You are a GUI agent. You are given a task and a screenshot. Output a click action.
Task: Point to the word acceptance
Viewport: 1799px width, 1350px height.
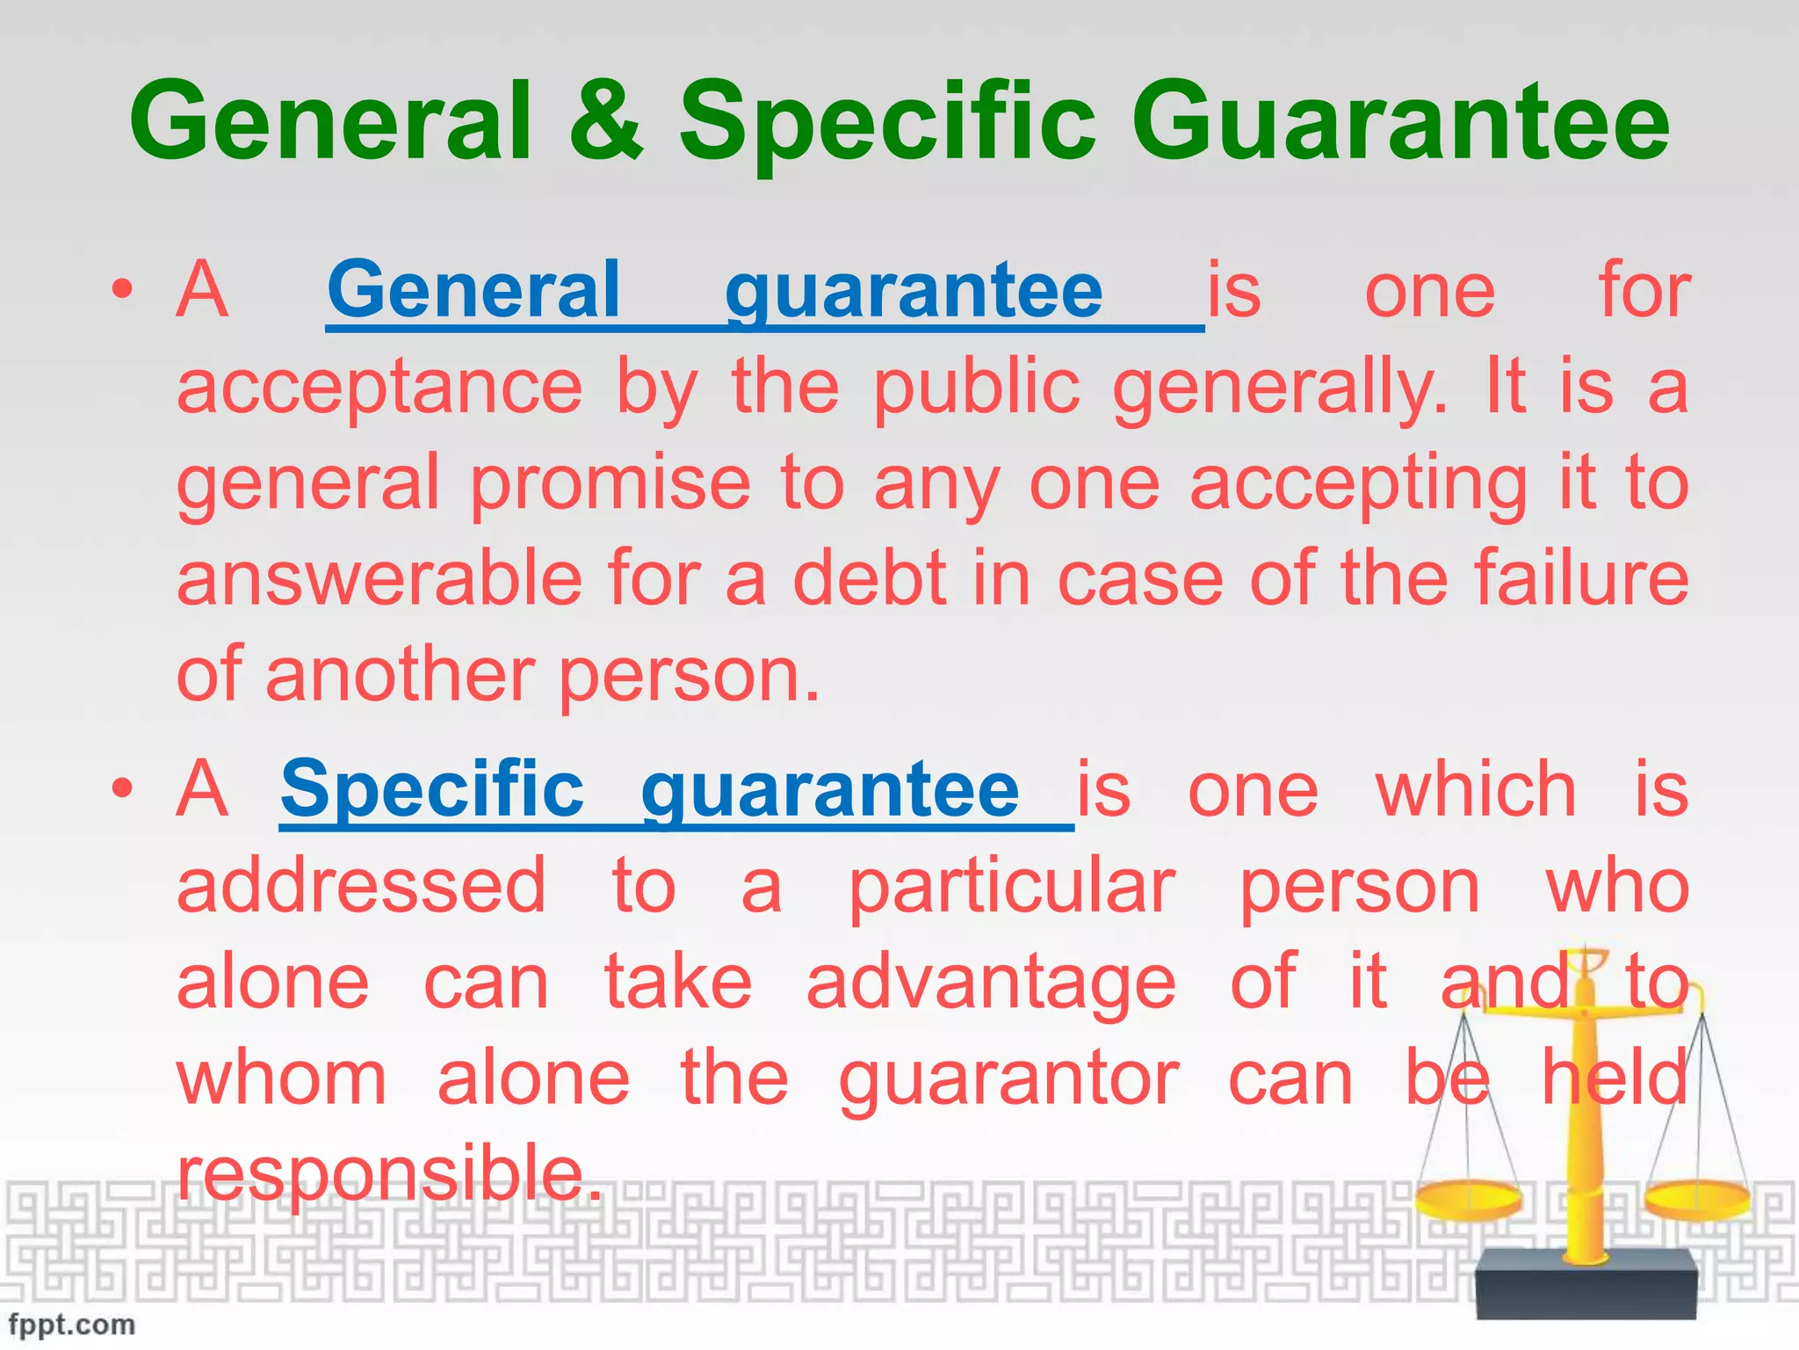click(x=379, y=388)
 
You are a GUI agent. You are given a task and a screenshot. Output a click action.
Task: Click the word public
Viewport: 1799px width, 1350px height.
click(x=976, y=388)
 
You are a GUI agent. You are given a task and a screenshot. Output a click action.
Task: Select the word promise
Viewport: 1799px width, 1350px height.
click(x=611, y=485)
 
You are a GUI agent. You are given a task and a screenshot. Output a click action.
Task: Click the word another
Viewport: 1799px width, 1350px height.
click(x=400, y=675)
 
